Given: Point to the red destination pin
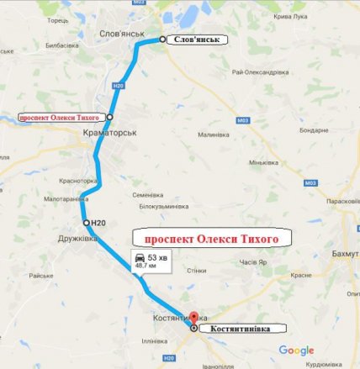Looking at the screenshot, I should (x=194, y=319).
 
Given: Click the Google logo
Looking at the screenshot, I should (x=296, y=350).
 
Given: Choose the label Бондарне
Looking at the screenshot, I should (x=314, y=130).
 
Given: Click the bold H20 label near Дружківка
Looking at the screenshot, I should (x=98, y=222).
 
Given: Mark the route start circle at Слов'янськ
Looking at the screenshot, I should (x=162, y=40).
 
